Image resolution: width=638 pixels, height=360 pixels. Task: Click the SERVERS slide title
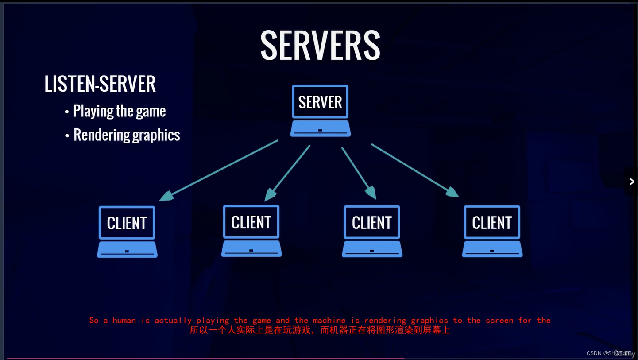[x=320, y=45]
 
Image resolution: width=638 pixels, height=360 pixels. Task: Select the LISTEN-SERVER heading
[x=100, y=84]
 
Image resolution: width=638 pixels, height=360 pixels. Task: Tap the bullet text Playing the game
[x=119, y=111]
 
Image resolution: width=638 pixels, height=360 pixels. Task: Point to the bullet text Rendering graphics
[x=127, y=135]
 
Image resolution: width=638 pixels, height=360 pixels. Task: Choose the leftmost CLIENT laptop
[x=127, y=231]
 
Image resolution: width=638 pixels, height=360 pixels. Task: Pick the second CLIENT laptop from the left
[x=251, y=230]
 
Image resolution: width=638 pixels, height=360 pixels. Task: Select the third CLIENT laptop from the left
[x=372, y=231]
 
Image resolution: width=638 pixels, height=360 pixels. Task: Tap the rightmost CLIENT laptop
[x=492, y=231]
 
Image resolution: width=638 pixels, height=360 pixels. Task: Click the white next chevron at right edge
[x=632, y=182]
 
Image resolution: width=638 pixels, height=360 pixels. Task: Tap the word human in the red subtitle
[x=124, y=320]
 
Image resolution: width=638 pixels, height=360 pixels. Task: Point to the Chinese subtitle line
[x=320, y=330]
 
